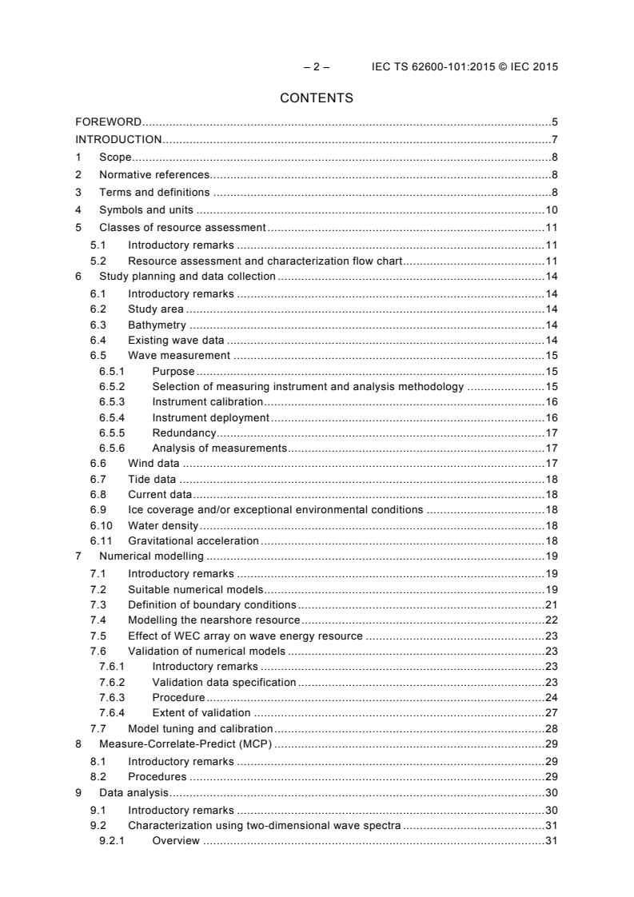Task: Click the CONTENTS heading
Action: pyautogui.click(x=317, y=98)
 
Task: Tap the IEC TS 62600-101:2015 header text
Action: pyautogui.click(x=465, y=66)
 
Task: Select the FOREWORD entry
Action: pyautogui.click(x=109, y=122)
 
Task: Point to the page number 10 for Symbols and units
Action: pyautogui.click(x=551, y=210)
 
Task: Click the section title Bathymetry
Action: pyautogui.click(x=157, y=325)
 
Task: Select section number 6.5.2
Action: pyautogui.click(x=110, y=387)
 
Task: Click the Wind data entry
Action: pyautogui.click(x=154, y=463)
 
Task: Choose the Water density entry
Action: pyautogui.click(x=163, y=525)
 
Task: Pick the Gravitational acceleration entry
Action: pyautogui.click(x=193, y=540)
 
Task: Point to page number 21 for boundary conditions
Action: pyautogui.click(x=551, y=604)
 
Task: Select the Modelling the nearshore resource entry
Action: pyautogui.click(x=213, y=620)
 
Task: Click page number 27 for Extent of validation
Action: pyautogui.click(x=551, y=712)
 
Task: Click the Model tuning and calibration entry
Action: pyautogui.click(x=200, y=728)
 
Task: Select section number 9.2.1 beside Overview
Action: pyautogui.click(x=110, y=840)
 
